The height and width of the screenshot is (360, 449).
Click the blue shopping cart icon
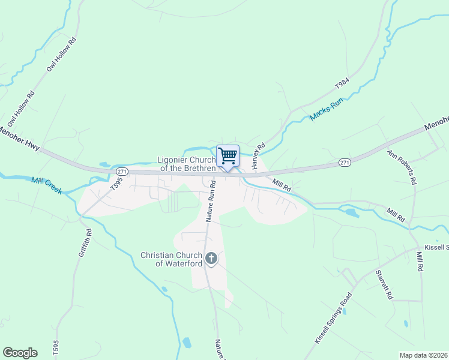point(228,156)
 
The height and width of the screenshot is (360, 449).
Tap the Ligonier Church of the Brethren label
point(186,164)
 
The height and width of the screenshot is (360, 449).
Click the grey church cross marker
point(211,259)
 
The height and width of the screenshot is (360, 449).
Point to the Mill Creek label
point(46,184)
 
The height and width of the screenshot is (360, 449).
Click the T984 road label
point(341,84)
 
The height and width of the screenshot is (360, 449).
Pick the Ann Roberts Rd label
point(401,167)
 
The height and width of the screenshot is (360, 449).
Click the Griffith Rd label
point(84,243)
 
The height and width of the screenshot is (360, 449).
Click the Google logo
point(20,353)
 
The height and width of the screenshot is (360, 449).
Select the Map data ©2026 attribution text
point(423,355)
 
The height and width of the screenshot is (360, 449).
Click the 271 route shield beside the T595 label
point(122,172)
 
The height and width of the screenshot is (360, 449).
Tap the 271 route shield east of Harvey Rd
point(344,162)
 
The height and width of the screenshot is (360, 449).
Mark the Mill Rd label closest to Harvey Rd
point(281,185)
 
